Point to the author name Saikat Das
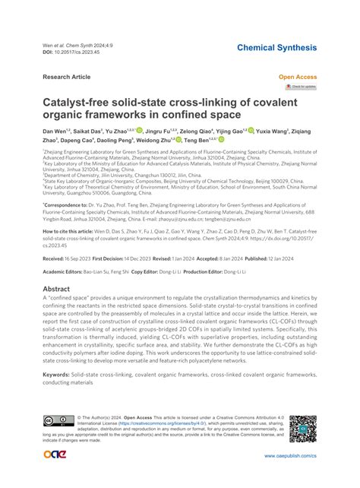coord(90,131)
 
